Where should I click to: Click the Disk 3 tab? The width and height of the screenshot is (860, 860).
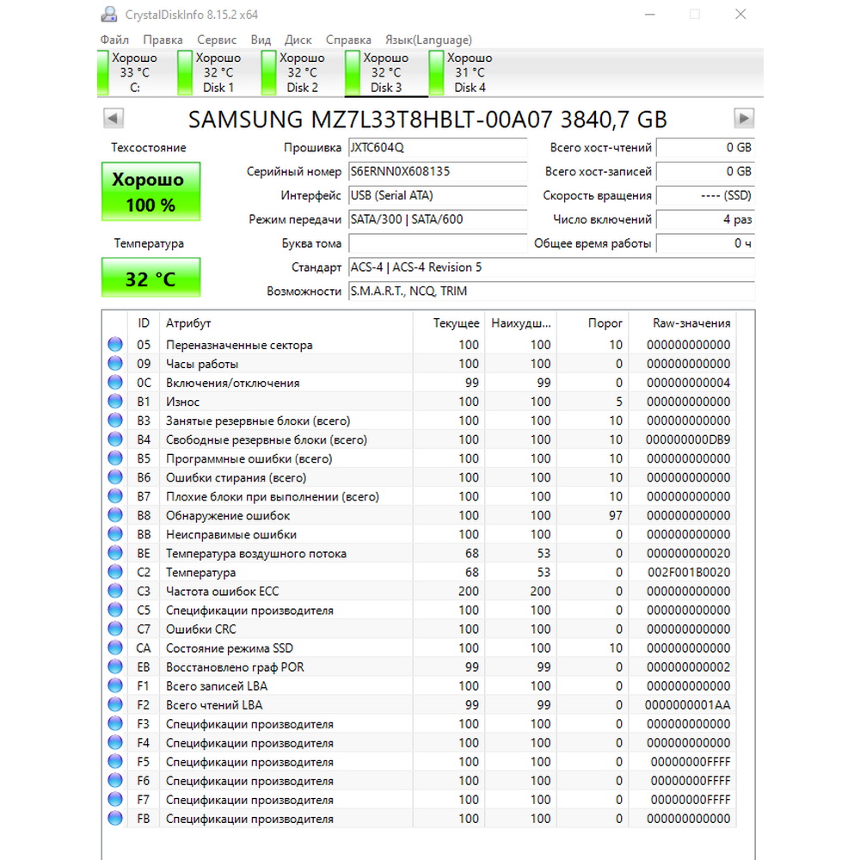pyautogui.click(x=386, y=73)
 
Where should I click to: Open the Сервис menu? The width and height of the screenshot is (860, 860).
pyautogui.click(x=217, y=40)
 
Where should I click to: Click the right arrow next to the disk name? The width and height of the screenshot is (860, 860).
pyautogui.click(x=744, y=119)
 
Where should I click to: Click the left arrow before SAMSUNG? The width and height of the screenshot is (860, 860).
pyautogui.click(x=114, y=119)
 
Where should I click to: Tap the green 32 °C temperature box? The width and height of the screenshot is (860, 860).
pyautogui.click(x=150, y=279)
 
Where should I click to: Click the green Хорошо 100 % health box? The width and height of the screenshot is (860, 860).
pyautogui.click(x=150, y=192)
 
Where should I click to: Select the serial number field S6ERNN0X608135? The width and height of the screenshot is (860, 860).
pyautogui.click(x=437, y=171)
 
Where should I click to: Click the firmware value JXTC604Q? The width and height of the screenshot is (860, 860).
pyautogui.click(x=437, y=147)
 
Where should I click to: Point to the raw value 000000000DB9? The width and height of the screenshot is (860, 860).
pyautogui.click(x=688, y=439)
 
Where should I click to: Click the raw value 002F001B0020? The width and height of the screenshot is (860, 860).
pyautogui.click(x=688, y=572)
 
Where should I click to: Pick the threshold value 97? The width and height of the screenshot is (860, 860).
pyautogui.click(x=614, y=515)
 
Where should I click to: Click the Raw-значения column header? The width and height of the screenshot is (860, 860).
pyautogui.click(x=691, y=323)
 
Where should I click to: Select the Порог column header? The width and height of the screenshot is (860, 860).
pyautogui.click(x=605, y=323)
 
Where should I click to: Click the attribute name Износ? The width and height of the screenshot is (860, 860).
pyautogui.click(x=182, y=402)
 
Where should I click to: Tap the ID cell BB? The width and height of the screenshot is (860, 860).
pyautogui.click(x=144, y=534)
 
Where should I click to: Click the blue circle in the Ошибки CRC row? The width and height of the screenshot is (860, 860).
pyautogui.click(x=115, y=629)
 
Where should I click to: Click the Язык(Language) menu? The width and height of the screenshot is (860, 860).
pyautogui.click(x=428, y=40)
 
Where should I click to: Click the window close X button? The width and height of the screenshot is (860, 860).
pyautogui.click(x=740, y=14)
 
